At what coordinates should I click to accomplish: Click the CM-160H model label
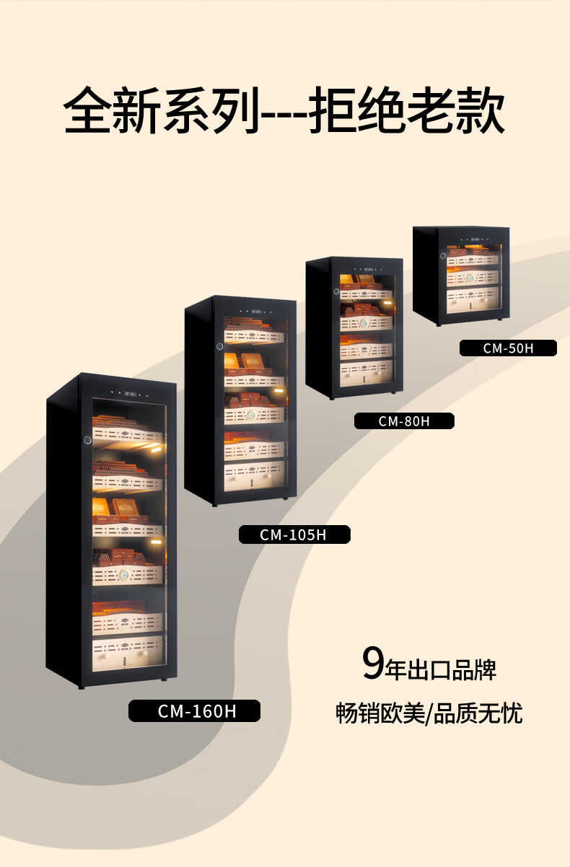(194, 711)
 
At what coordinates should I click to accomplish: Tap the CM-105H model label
(294, 534)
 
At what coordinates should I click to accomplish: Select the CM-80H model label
(403, 421)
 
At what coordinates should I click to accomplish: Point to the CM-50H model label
(508, 348)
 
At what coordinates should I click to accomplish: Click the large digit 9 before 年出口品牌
(373, 664)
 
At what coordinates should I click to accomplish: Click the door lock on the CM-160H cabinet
(87, 440)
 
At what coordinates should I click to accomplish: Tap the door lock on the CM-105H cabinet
(219, 346)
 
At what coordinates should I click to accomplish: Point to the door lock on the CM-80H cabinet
(336, 291)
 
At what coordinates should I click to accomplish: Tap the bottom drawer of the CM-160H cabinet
(128, 654)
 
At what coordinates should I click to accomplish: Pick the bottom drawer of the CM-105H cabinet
(254, 476)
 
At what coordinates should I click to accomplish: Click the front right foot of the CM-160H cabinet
(165, 679)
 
